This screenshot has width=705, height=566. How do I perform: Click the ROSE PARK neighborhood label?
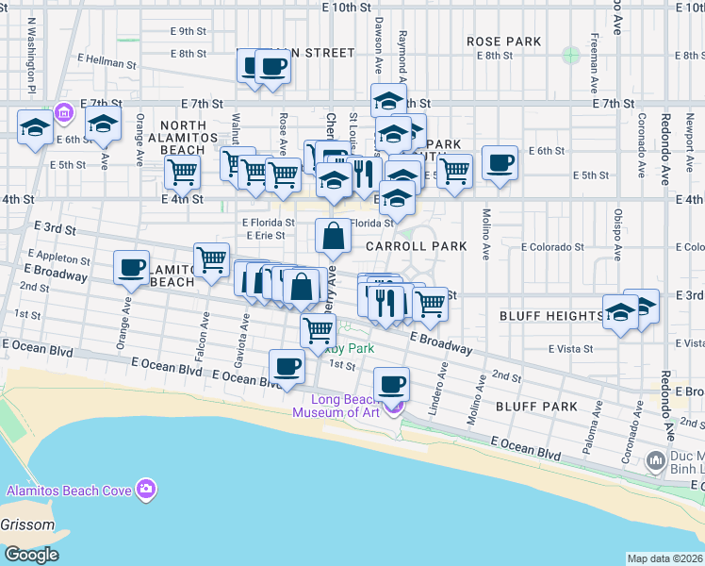point(504,42)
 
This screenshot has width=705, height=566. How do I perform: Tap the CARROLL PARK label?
point(416,246)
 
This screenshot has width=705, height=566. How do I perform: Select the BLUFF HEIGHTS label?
point(550,315)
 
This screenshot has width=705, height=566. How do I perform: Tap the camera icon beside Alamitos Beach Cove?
point(145,489)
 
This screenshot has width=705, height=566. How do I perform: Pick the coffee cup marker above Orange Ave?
point(132,267)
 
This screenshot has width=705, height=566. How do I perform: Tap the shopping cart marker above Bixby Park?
point(319,330)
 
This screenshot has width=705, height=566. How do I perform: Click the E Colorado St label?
point(552,247)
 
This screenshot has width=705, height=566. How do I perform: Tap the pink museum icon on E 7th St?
point(63,114)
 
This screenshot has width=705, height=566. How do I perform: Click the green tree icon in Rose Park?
point(571,55)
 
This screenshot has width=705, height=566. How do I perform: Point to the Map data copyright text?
point(665,558)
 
